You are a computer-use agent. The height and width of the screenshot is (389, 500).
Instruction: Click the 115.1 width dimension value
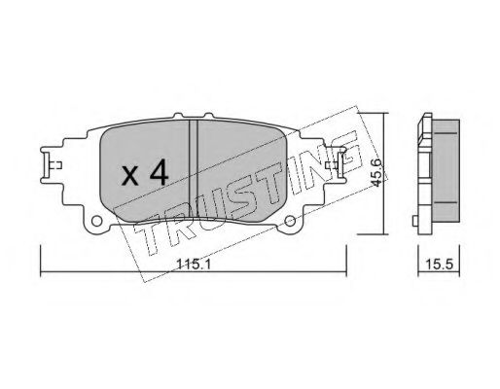coord(194,265)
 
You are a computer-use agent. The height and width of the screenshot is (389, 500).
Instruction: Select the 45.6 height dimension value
coord(376,173)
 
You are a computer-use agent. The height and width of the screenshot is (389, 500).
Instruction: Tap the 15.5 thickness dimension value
coord(439,265)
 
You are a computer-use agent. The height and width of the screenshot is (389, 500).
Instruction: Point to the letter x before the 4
coord(130,177)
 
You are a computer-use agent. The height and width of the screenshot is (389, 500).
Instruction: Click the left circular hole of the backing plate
coord(96,221)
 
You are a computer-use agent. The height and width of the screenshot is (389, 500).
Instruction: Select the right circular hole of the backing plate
coord(290,221)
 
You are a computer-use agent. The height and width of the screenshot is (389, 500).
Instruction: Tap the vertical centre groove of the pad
coord(193,168)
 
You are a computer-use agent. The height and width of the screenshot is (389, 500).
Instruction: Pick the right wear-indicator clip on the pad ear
coord(336,165)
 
